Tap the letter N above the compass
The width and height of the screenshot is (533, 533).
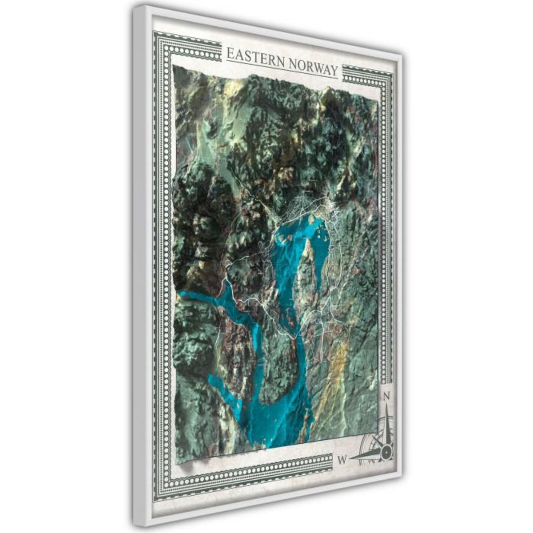(386, 396)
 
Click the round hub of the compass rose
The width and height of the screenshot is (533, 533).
(386, 453)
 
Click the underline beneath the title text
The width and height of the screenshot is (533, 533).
(282, 71)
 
